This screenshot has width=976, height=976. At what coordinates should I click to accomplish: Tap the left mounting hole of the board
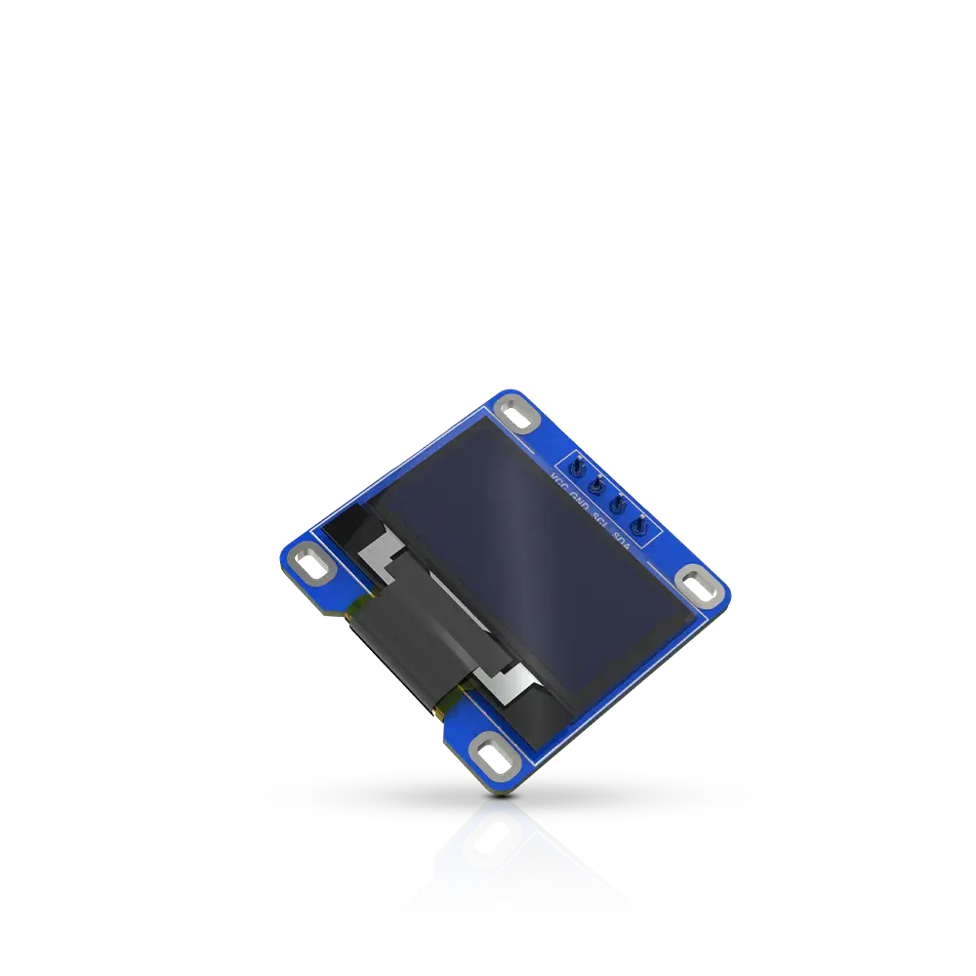point(311,562)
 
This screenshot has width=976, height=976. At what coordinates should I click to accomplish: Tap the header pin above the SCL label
point(618,506)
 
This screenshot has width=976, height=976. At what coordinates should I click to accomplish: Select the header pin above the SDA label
point(640,528)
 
